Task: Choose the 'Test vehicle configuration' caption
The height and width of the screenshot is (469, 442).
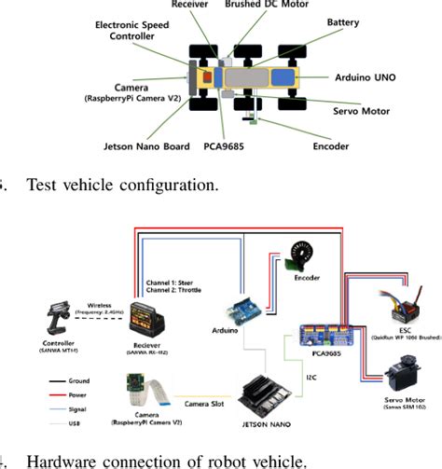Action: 122,185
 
